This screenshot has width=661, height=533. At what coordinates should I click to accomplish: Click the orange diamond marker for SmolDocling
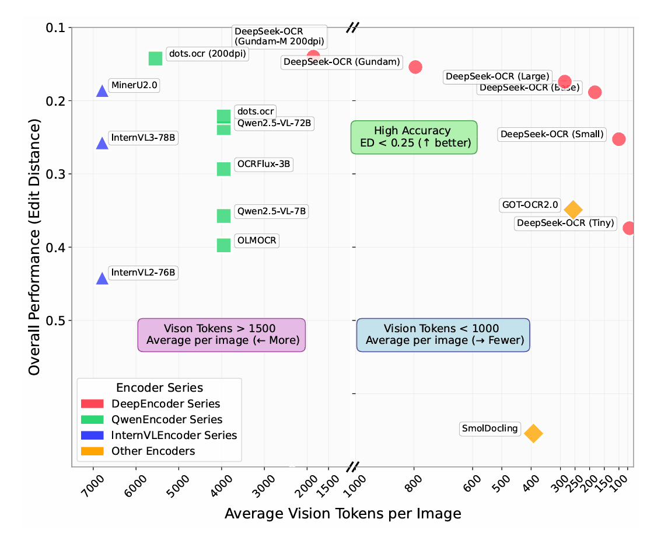[x=533, y=433]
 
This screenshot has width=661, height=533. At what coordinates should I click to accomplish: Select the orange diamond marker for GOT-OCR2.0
[x=573, y=209]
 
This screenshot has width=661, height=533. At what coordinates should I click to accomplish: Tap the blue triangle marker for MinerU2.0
[x=102, y=91]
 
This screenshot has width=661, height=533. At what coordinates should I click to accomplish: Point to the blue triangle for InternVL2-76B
[x=102, y=278]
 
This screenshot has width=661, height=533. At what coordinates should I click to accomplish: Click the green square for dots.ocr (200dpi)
[x=155, y=58]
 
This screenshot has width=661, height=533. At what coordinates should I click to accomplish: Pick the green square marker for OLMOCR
[x=223, y=245]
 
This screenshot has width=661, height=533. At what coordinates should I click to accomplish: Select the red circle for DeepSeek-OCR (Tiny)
[x=628, y=228]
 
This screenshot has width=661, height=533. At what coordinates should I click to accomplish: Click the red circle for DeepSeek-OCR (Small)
[x=619, y=139]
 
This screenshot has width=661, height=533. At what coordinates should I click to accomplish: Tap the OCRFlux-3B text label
[x=263, y=164]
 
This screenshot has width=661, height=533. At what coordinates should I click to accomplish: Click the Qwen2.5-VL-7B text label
[x=271, y=211]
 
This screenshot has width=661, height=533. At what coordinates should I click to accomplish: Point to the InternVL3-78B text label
[x=143, y=138]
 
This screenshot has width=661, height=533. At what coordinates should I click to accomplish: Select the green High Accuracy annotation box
[x=414, y=137]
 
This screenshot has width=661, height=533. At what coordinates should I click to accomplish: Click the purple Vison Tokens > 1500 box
[x=221, y=335]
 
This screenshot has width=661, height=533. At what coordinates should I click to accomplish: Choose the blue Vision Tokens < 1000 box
[x=443, y=335]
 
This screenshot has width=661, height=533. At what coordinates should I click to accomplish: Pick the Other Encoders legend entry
[x=153, y=451]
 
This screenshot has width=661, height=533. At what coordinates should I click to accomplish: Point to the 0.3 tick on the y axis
[x=55, y=174]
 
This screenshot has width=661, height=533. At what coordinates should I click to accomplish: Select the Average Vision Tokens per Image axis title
[x=342, y=514]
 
